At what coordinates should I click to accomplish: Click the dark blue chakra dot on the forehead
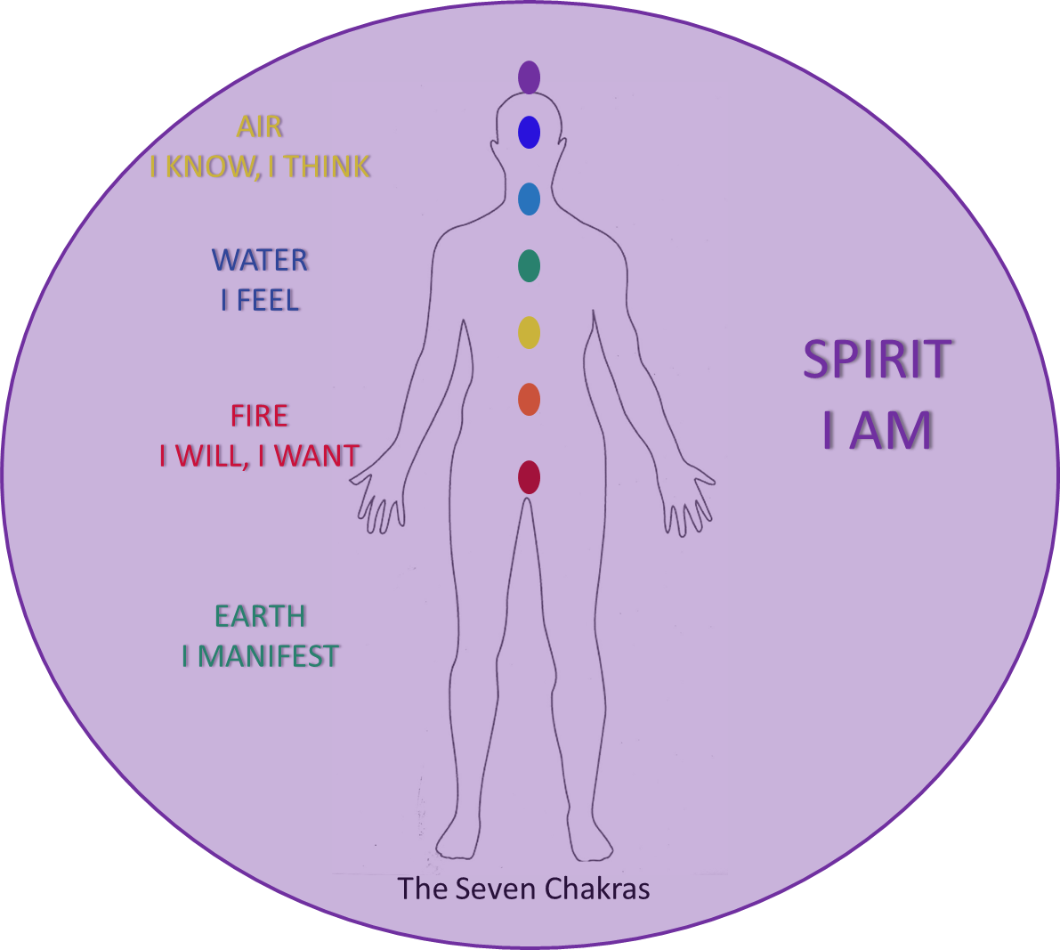click(x=529, y=133)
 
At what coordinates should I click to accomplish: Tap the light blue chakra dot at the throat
click(x=529, y=199)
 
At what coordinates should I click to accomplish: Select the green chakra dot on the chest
click(x=529, y=265)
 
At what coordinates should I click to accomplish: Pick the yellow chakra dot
click(x=529, y=332)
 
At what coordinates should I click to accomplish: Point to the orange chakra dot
click(x=529, y=400)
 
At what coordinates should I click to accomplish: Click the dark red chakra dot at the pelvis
click(x=529, y=477)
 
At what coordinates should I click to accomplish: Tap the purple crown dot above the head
click(x=529, y=83)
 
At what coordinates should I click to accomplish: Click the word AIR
click(x=259, y=127)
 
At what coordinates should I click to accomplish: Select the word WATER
click(x=261, y=260)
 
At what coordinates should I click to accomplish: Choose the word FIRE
click(x=260, y=416)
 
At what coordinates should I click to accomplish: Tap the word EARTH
click(x=260, y=616)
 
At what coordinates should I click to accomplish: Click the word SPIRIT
click(x=880, y=360)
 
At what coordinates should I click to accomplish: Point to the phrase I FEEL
click(x=261, y=300)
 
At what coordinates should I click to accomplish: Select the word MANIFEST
click(x=268, y=656)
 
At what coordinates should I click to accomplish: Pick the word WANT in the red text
click(x=316, y=456)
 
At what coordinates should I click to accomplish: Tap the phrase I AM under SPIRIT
click(x=880, y=431)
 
